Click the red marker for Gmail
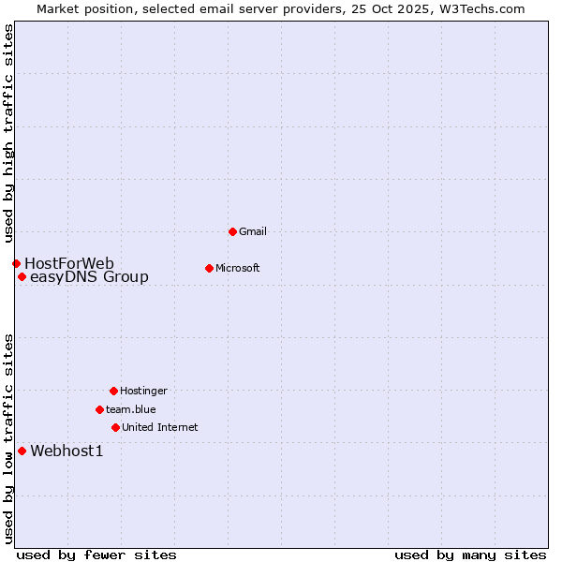(232, 231)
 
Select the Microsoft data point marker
(209, 268)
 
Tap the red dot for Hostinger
(113, 391)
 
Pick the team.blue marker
(99, 409)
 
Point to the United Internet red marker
(115, 427)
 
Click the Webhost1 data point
(22, 451)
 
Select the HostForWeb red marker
(16, 263)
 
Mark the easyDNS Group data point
(22, 276)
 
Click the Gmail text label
(253, 231)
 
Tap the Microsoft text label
(238, 268)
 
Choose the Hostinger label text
(143, 391)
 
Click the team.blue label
(131, 409)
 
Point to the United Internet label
(160, 427)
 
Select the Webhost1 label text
(67, 451)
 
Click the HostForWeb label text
(69, 263)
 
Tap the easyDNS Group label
(89, 277)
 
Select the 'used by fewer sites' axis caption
(96, 555)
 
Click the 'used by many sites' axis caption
(470, 555)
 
